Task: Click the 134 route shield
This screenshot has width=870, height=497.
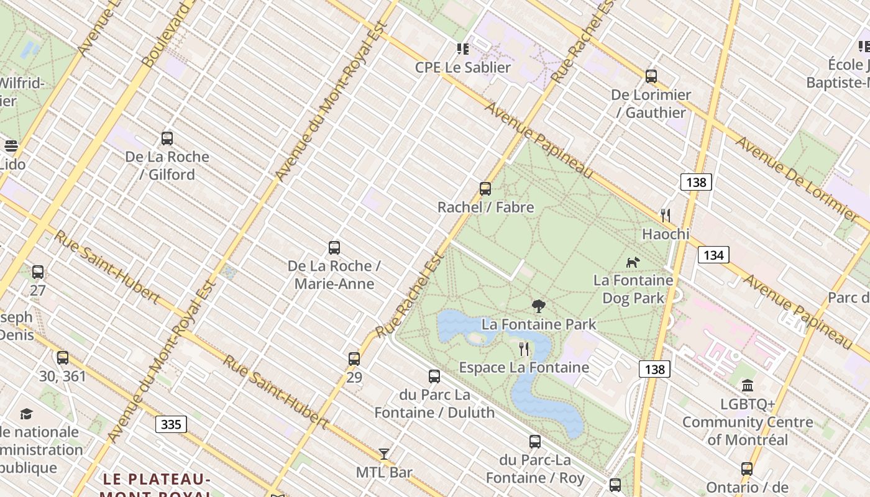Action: pos(713,255)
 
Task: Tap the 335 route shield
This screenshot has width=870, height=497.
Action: pos(171,424)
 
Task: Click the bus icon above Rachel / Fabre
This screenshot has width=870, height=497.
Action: pos(485,189)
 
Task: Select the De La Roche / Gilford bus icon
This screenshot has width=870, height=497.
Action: pos(167,139)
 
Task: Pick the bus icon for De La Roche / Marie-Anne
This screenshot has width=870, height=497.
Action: pos(334,248)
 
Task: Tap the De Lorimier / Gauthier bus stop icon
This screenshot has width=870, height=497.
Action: pos(651,76)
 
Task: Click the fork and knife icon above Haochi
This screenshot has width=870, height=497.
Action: pos(666,216)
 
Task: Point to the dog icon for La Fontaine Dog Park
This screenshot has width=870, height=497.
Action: pos(633,262)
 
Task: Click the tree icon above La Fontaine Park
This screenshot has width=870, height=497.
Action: pos(539,306)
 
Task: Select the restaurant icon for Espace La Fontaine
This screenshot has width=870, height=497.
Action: pos(524,349)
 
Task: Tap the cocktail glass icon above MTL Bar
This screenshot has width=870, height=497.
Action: pos(384,454)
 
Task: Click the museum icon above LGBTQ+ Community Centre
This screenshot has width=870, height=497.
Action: pos(748,386)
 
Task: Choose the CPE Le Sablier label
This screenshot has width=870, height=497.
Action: pos(463,67)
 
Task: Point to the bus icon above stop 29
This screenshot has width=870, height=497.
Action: pos(354,359)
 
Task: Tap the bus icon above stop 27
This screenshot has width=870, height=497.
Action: pos(38,272)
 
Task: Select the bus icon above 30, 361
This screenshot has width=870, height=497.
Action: pos(63,358)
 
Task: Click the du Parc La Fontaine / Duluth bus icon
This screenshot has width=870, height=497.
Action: pos(434,376)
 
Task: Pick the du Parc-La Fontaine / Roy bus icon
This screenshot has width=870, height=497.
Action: pos(535,442)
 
